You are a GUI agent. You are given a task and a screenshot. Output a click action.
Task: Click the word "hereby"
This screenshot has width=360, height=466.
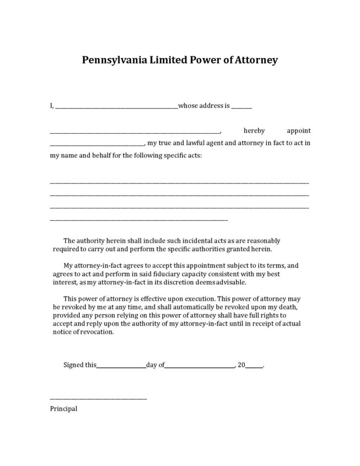tap(254, 131)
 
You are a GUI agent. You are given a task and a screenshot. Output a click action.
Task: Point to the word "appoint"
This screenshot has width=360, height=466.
tap(299, 131)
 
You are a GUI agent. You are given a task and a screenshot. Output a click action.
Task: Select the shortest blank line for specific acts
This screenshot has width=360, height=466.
tap(139, 220)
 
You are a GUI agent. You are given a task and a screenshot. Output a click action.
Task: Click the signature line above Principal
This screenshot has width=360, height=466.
tap(98, 399)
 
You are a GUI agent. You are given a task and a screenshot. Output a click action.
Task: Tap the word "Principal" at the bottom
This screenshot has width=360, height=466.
tap(63, 409)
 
